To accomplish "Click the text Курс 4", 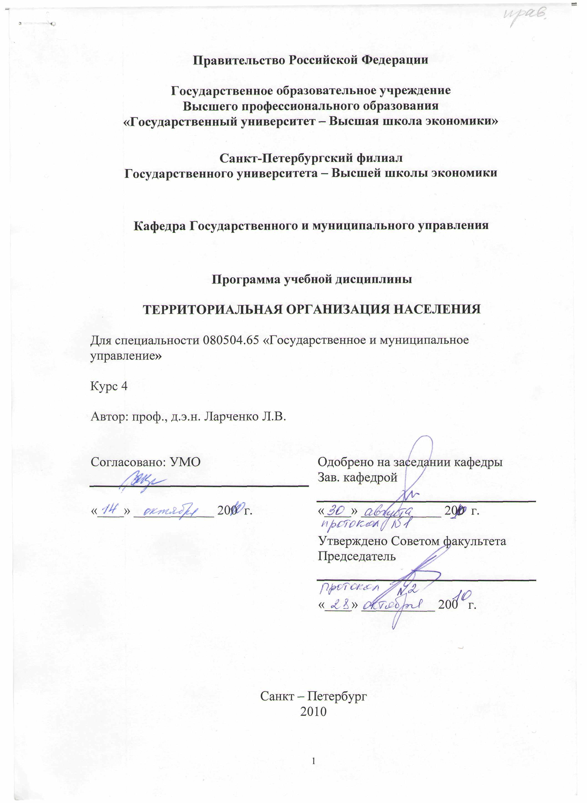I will click(x=109, y=386).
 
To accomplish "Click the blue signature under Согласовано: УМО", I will click(x=144, y=480).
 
